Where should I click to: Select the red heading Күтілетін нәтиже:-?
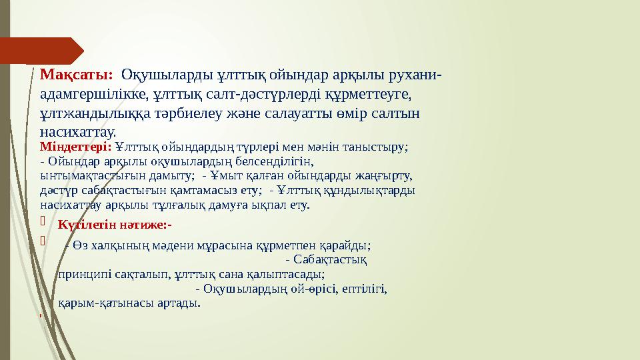(115, 224)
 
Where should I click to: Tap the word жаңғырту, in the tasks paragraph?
(387, 176)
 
